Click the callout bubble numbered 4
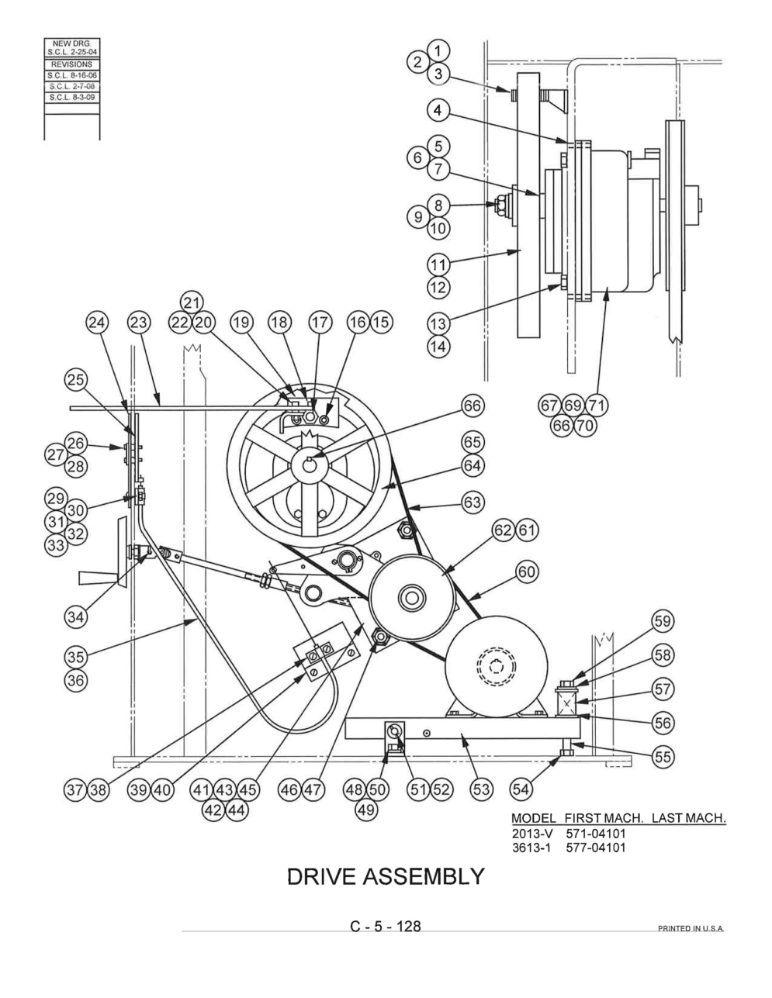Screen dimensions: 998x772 coord(438,111)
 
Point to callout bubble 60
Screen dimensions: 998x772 coord(527,572)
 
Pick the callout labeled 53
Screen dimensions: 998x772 coord(481,789)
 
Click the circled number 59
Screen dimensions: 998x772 coord(662,621)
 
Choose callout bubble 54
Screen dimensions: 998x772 coord(520,789)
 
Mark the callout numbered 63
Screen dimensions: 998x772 coord(472,502)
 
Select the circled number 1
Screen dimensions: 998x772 coord(438,50)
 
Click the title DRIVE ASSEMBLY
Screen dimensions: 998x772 coord(386,876)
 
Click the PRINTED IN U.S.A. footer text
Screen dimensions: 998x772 coord(690,929)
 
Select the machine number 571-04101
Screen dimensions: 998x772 coord(595,834)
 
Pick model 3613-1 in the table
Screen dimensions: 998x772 coord(531,847)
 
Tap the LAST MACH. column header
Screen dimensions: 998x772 coord(688,819)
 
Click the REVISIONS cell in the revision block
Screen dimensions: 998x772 coord(72,64)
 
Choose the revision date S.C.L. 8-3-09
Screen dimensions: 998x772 coord(72,98)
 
